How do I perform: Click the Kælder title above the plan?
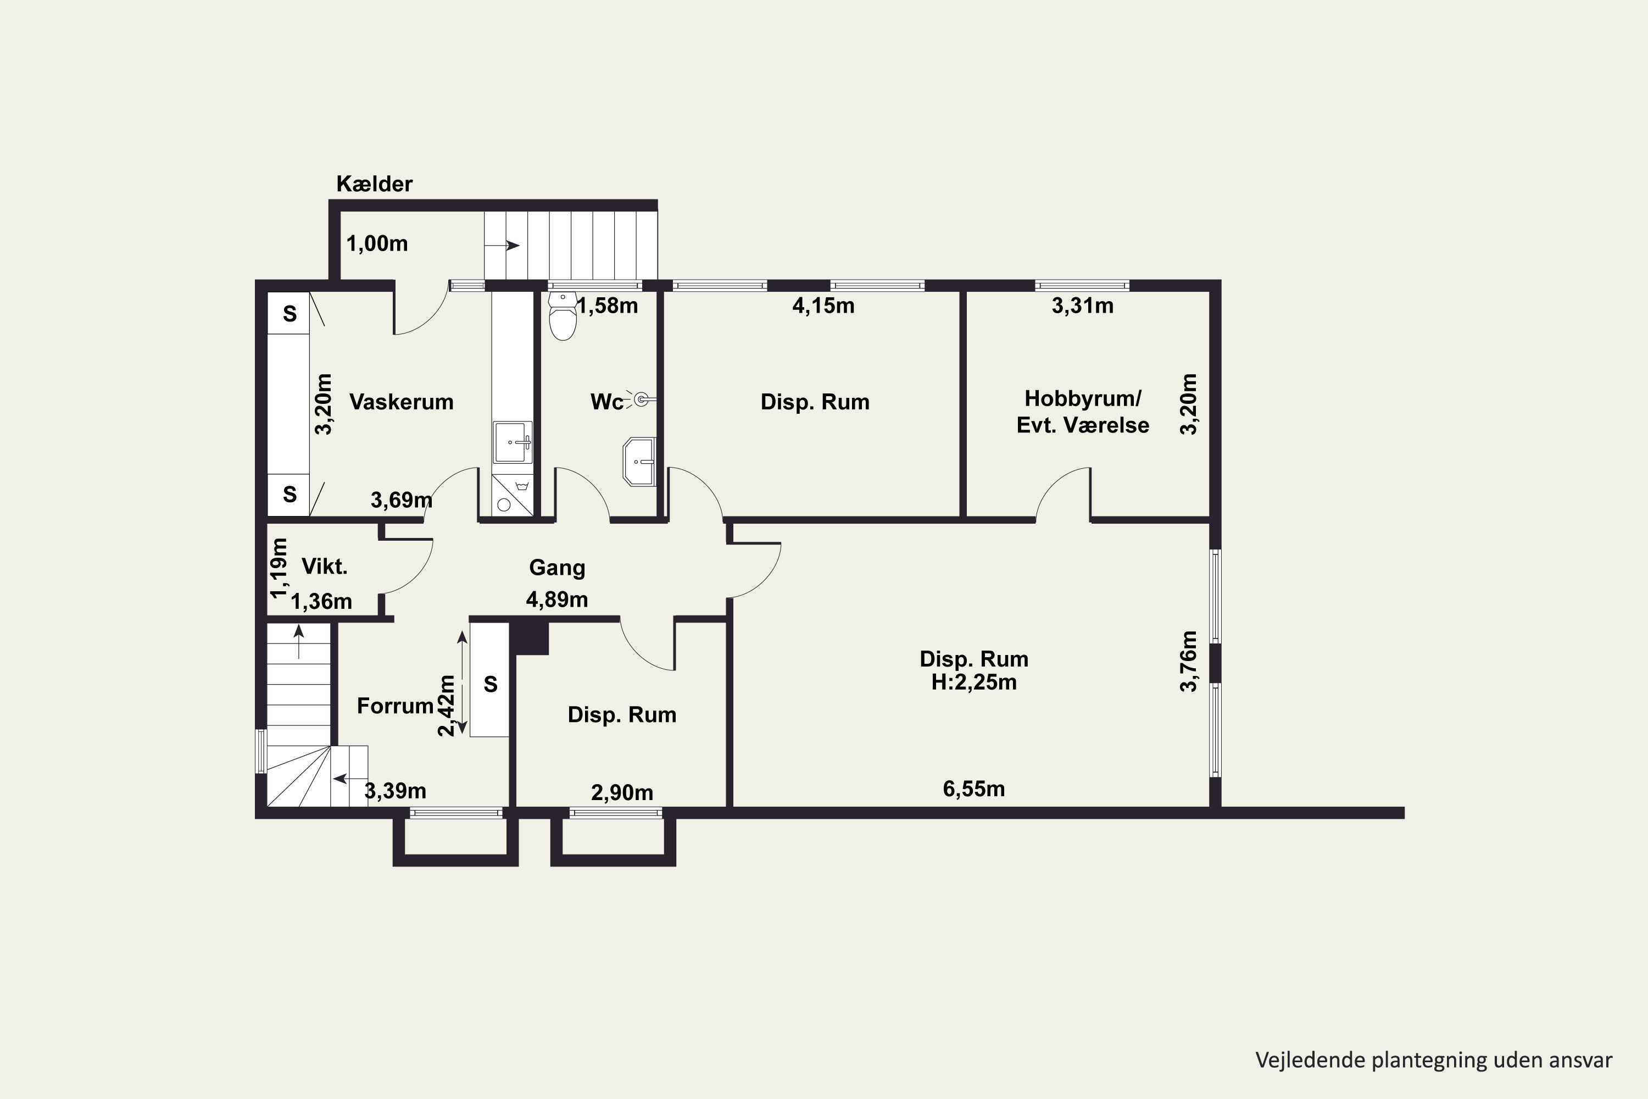(x=374, y=184)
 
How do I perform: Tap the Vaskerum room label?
(x=402, y=402)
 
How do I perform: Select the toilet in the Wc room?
(x=563, y=315)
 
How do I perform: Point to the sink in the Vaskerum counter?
(x=513, y=442)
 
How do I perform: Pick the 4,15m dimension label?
(x=823, y=306)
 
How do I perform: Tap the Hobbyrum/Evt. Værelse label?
(x=1083, y=412)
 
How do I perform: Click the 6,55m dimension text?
(x=974, y=789)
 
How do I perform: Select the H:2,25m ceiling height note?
(x=974, y=682)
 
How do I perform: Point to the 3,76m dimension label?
(x=1189, y=662)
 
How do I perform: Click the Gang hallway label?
(x=557, y=567)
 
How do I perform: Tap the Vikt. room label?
(x=325, y=567)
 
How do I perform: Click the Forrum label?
(x=395, y=706)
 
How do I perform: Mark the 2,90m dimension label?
(x=622, y=793)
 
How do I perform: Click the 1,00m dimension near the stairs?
(x=377, y=243)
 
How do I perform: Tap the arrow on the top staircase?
(x=502, y=245)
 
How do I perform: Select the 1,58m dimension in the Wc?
(x=608, y=306)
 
